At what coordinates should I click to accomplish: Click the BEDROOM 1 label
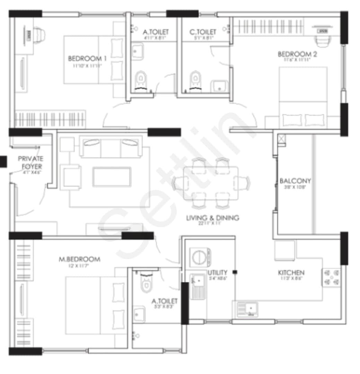tap(87, 58)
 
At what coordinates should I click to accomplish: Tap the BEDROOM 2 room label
tap(297, 54)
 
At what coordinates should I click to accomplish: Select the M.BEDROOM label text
tap(79, 259)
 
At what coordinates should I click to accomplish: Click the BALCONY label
tap(295, 181)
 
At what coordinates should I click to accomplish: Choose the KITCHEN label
tap(291, 273)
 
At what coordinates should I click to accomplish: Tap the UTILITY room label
tap(218, 273)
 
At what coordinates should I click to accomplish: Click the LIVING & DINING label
tap(213, 218)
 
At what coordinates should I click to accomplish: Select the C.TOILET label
tap(203, 32)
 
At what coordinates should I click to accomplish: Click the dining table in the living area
tap(211, 182)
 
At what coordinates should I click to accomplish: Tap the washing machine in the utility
tap(199, 258)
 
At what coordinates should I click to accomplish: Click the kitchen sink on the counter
tap(247, 309)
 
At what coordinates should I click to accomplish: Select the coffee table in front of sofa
tap(112, 177)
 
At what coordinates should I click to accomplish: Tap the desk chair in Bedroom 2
tap(323, 39)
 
